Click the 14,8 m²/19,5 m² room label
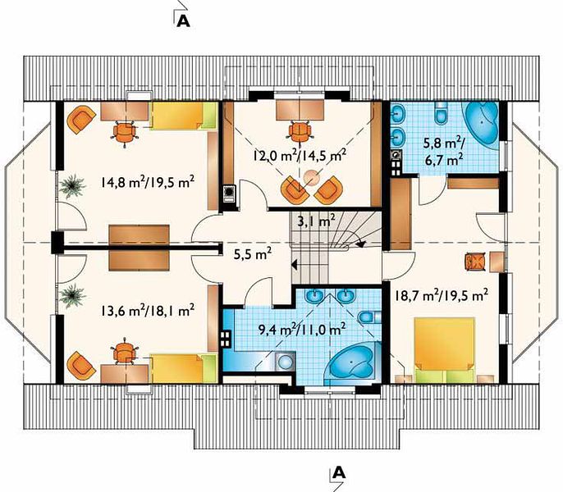tap(148, 182)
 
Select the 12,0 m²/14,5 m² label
tap(300, 155)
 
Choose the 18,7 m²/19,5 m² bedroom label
tap(442, 296)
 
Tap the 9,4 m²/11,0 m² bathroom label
tap(302, 328)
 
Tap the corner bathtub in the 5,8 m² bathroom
tap(483, 123)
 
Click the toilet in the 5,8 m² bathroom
tap(440, 113)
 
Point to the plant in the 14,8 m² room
tap(72, 185)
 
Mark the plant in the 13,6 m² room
tap(72, 296)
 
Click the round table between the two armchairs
tap(311, 178)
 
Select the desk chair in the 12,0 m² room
tap(300, 132)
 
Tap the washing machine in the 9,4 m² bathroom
tap(286, 362)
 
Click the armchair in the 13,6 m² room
tap(81, 367)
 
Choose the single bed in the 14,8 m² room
tap(185, 116)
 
